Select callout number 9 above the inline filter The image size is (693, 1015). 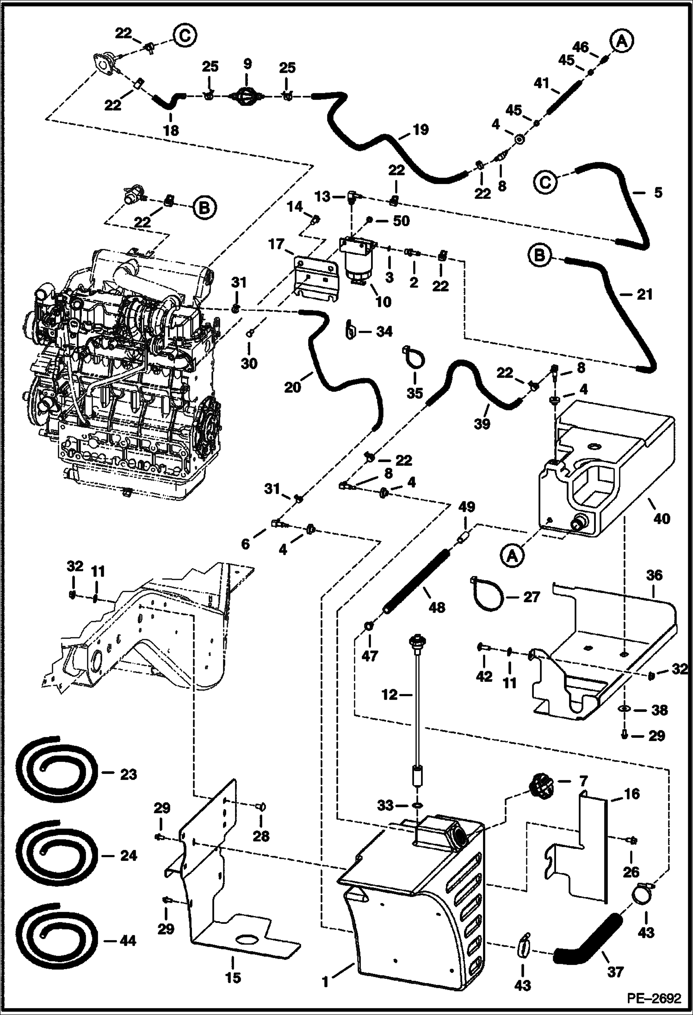[x=247, y=64]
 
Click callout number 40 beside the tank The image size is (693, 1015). [x=661, y=519]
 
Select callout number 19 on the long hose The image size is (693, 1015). [x=421, y=130]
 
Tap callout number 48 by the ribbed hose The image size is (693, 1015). [x=437, y=607]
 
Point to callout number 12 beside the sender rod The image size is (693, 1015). [x=390, y=694]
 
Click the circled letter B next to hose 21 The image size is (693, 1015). [x=541, y=255]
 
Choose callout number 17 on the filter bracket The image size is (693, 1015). [x=277, y=244]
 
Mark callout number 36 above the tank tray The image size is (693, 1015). [x=655, y=576]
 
